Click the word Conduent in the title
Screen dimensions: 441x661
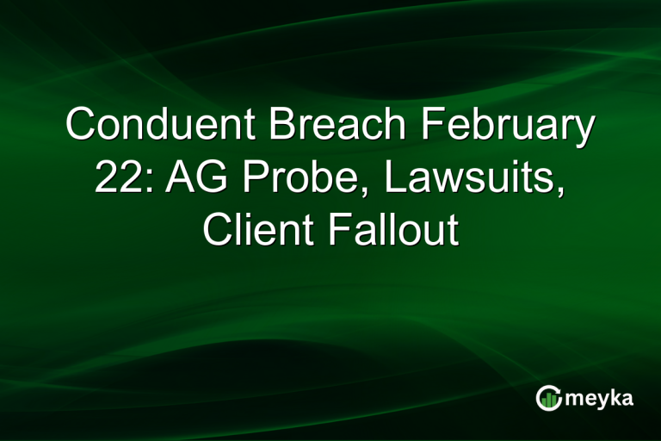pos(160,126)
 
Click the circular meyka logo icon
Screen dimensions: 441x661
pos(547,397)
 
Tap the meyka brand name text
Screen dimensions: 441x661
pos(599,398)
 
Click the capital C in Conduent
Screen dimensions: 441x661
pos(82,126)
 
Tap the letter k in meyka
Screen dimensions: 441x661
pos(617,396)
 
